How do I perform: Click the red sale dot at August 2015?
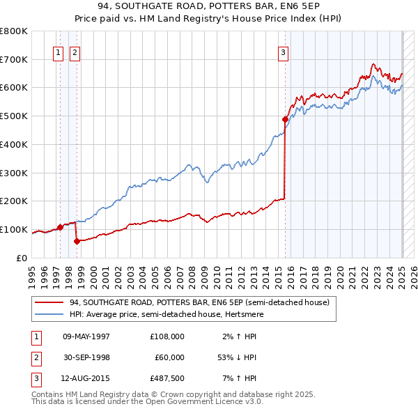tap(285, 119)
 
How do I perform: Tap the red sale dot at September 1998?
tap(76, 241)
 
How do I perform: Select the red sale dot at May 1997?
tap(61, 227)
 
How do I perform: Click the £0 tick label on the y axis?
tap(21, 258)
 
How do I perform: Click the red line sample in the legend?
tap(49, 302)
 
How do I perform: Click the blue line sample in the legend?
tap(49, 314)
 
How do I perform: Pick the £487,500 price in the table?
tap(167, 378)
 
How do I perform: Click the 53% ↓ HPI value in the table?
tap(235, 357)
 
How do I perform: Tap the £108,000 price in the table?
tap(167, 336)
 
